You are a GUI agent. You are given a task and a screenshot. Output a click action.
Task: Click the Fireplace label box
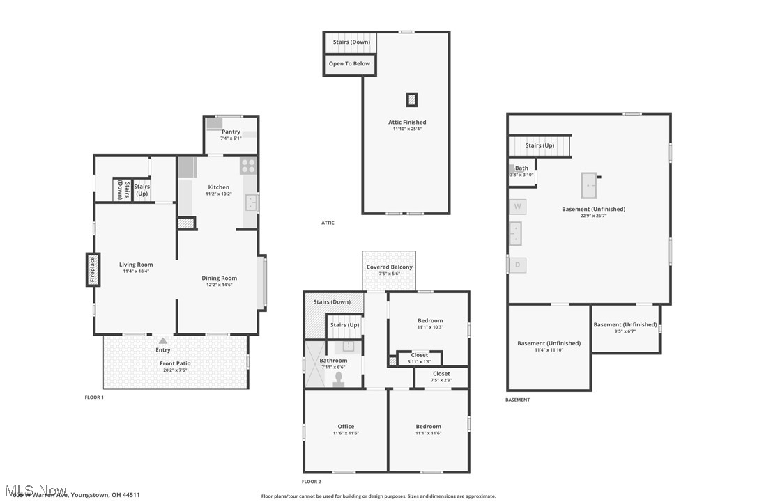[91, 270]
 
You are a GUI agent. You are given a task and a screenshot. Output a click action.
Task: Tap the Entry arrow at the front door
[163, 341]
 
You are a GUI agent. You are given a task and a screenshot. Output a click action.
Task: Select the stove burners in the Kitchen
[249, 166]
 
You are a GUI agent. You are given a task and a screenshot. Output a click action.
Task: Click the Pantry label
[231, 132]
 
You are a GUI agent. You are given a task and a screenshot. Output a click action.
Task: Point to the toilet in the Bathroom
[339, 379]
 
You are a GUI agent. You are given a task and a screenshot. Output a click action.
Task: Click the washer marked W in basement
[517, 206]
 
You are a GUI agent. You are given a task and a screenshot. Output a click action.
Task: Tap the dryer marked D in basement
[517, 265]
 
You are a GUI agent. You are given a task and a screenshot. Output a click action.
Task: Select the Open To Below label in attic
[349, 63]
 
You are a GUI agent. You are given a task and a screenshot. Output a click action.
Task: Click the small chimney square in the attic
[412, 100]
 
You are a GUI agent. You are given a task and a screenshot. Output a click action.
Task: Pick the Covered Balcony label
[390, 267]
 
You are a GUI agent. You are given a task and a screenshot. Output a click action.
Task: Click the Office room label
[346, 426]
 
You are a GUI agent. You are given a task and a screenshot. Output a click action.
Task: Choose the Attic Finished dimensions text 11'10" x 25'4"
[407, 129]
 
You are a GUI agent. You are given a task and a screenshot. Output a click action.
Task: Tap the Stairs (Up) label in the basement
[540, 145]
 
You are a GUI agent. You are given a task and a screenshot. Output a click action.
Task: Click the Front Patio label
[174, 363]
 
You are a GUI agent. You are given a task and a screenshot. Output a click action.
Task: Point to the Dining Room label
[220, 278]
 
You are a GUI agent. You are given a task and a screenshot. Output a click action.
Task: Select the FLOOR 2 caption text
[311, 482]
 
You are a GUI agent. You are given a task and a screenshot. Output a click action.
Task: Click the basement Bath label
[521, 168]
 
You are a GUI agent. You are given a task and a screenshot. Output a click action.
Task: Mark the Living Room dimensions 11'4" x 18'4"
[136, 271]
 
